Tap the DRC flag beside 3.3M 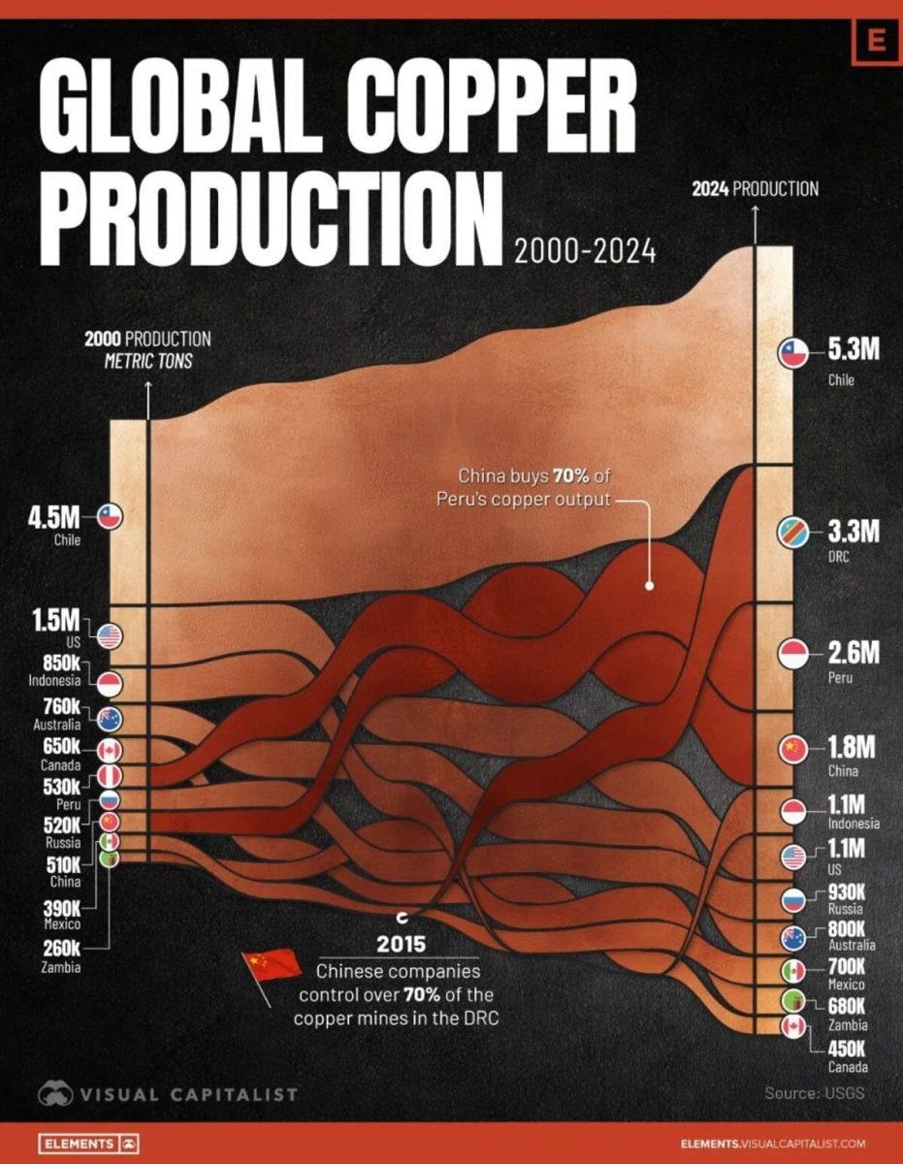click(x=793, y=533)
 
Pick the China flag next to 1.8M click(x=793, y=749)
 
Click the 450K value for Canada click(x=848, y=1048)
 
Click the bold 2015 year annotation click(x=402, y=944)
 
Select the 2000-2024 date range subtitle click(x=585, y=251)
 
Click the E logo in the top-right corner click(x=877, y=41)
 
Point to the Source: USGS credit click(x=814, y=1093)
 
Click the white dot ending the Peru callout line click(x=649, y=585)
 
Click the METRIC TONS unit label click(x=147, y=361)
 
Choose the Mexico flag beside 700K click(x=793, y=970)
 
